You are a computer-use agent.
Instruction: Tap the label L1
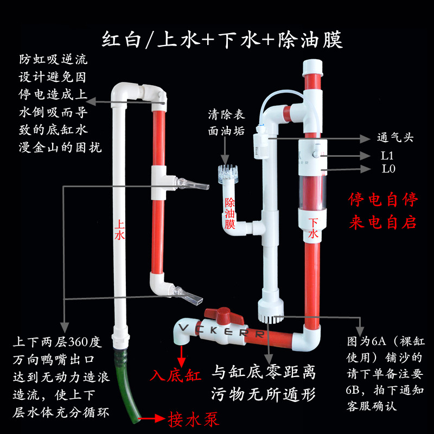pos(386,156)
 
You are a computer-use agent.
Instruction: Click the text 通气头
pos(394,138)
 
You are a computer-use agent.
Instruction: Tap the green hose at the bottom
pos(124,385)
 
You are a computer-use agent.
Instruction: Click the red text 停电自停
pos(383,200)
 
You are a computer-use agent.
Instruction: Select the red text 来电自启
pos(383,222)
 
